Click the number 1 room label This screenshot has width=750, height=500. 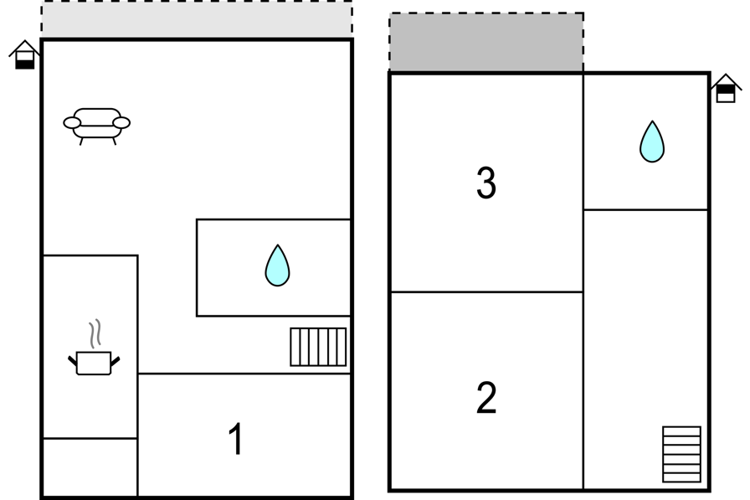click(x=236, y=439)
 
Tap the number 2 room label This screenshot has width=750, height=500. click(x=486, y=397)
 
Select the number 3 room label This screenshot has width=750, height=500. click(x=486, y=183)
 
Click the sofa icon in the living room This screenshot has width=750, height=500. click(x=96, y=126)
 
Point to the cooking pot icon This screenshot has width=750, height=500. click(x=94, y=363)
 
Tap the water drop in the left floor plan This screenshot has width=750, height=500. click(x=277, y=265)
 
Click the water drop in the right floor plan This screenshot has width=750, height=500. click(x=652, y=142)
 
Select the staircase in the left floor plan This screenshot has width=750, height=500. click(x=318, y=347)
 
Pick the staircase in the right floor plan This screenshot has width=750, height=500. click(x=681, y=454)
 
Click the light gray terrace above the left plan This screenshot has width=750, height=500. click(x=197, y=19)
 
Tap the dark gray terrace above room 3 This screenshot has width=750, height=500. click(x=486, y=42)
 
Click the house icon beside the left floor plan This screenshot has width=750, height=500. click(x=24, y=55)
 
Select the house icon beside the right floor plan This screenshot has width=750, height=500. click(x=726, y=89)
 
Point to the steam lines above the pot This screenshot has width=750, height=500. click(x=95, y=333)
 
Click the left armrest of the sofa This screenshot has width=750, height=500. click(x=72, y=123)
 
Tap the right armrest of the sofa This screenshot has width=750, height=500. click(x=121, y=123)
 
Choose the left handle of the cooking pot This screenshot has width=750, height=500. click(x=73, y=361)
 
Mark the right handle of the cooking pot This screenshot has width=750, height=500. click(x=116, y=361)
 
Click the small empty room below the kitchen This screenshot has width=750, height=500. click(x=90, y=467)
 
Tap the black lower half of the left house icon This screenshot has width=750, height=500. click(x=25, y=64)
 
